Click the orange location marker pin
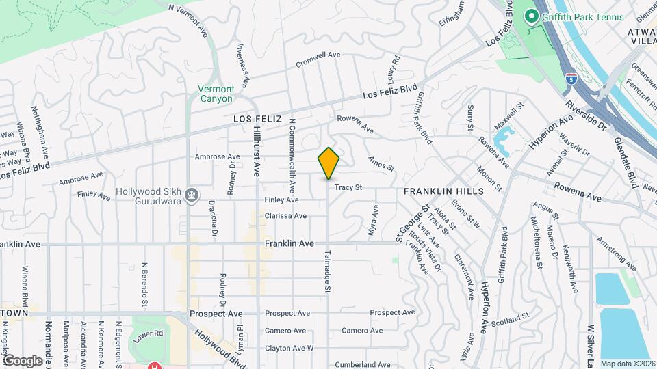[x=328, y=163]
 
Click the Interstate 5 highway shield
[x=570, y=78]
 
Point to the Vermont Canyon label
[x=216, y=94]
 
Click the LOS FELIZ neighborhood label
[x=257, y=118]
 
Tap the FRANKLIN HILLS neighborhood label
[x=443, y=191]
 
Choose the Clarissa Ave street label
[x=286, y=216]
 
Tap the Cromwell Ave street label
[x=318, y=59]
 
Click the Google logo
[x=23, y=360]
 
